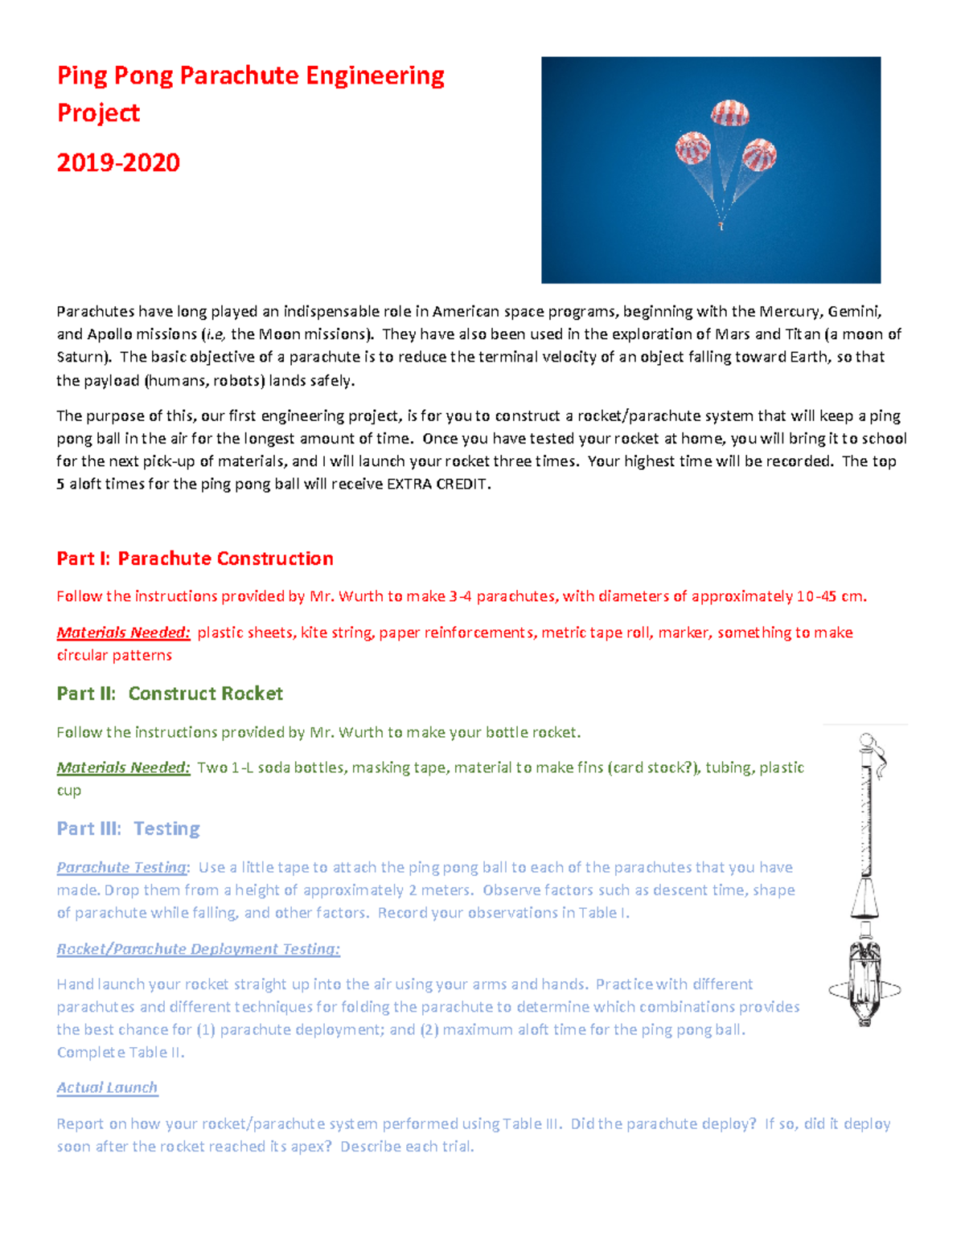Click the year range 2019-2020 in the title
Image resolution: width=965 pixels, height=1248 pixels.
118,163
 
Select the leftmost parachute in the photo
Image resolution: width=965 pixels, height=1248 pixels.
692,149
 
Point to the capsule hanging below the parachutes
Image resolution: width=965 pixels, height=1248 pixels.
721,226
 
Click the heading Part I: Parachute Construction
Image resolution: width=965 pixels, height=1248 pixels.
195,559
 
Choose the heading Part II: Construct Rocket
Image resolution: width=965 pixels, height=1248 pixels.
170,694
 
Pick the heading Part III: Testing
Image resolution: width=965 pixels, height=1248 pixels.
128,829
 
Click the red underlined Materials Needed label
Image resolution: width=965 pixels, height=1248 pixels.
123,632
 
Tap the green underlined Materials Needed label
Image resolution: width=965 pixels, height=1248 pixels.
123,767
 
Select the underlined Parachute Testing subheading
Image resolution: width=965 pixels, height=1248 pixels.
121,867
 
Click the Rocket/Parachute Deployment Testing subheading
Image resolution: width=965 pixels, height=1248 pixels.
198,949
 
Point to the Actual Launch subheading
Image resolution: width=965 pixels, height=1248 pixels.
107,1087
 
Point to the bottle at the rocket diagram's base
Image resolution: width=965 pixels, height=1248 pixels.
865,984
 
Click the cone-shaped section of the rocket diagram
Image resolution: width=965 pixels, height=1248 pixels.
865,898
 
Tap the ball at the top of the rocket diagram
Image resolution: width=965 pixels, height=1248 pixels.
866,739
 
